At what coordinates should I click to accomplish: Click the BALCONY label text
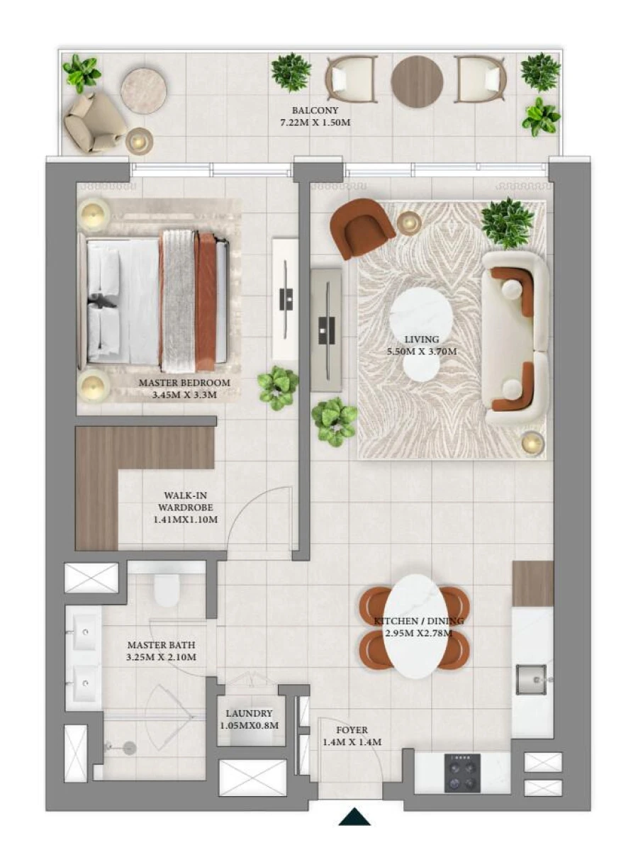pyautogui.click(x=315, y=111)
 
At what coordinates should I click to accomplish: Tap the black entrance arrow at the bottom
pyautogui.click(x=354, y=817)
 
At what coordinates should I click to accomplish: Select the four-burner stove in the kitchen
pyautogui.click(x=462, y=772)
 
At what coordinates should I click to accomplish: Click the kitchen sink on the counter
pyautogui.click(x=531, y=679)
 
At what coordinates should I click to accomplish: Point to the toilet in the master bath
pyautogui.click(x=167, y=588)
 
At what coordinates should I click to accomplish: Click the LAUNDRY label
pyautogui.click(x=249, y=714)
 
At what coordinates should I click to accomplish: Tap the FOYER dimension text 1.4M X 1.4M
pyautogui.click(x=352, y=742)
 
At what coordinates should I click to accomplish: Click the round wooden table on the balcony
pyautogui.click(x=417, y=82)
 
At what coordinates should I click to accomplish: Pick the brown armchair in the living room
pyautogui.click(x=363, y=226)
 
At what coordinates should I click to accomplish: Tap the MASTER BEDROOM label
pyautogui.click(x=184, y=383)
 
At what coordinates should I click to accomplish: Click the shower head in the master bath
pyautogui.click(x=129, y=747)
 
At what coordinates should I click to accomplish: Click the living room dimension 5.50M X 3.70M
pyautogui.click(x=422, y=351)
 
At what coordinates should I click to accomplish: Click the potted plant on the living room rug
pyautogui.click(x=508, y=222)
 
